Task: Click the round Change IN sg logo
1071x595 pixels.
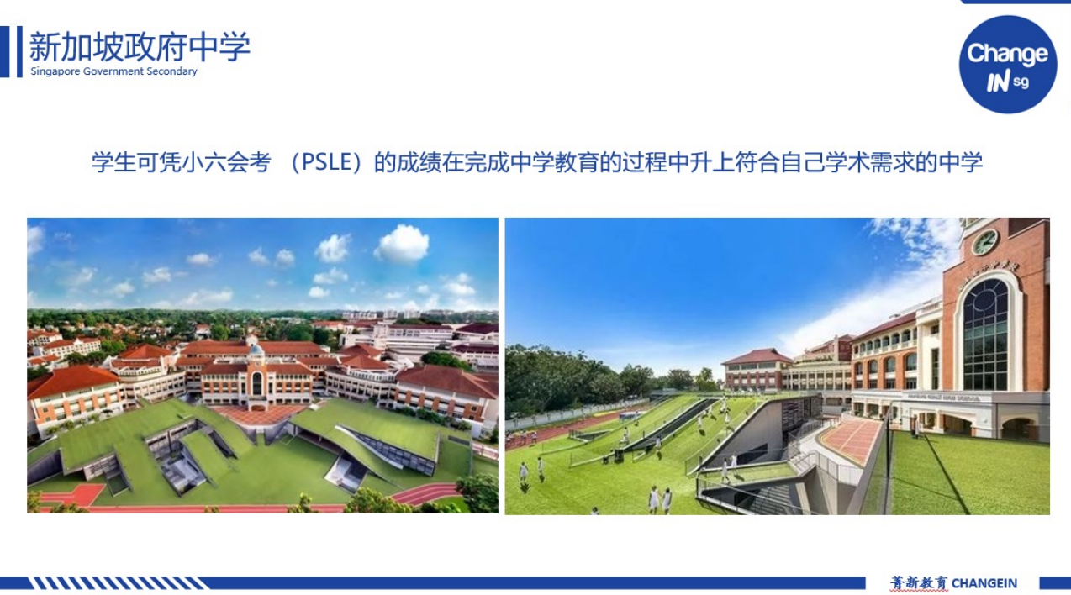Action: click(x=1008, y=65)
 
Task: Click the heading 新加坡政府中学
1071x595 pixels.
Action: click(x=140, y=46)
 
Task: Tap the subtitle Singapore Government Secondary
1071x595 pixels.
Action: click(x=113, y=71)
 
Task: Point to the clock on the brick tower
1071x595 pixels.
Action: click(x=985, y=242)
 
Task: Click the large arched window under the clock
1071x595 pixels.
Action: click(x=986, y=335)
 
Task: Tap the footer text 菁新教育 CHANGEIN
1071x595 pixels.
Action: click(x=953, y=583)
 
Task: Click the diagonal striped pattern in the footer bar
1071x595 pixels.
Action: click(x=119, y=583)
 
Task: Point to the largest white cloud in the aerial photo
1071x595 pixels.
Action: click(x=402, y=244)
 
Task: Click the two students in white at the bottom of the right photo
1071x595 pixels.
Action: click(x=660, y=499)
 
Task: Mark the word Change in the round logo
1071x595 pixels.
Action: click(x=1007, y=53)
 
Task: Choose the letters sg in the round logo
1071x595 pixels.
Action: click(x=1021, y=82)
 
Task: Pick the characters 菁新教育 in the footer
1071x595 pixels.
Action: click(x=918, y=583)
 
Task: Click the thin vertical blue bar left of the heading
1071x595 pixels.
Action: click(x=19, y=51)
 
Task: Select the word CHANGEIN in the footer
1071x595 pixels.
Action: click(x=984, y=583)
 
